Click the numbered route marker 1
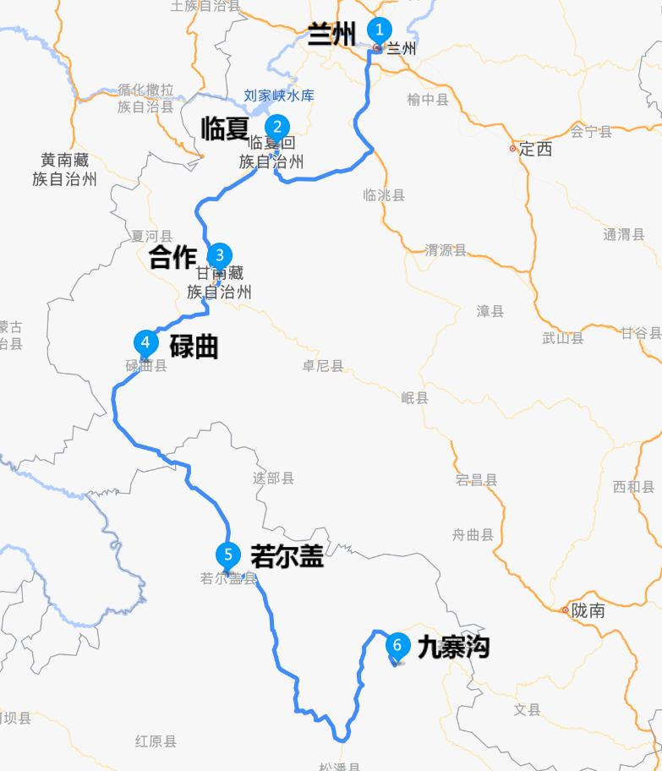point(380,30)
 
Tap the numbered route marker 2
point(276,128)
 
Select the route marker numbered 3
point(220,254)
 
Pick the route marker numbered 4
point(146,342)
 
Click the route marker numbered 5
point(227,555)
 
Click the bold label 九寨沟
point(453,648)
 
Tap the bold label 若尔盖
point(287,555)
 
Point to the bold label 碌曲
point(194,346)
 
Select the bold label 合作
point(172,258)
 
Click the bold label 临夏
point(224,128)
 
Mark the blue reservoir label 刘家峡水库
point(278,96)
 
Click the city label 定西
point(535,149)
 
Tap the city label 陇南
point(588,610)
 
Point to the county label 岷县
point(415,397)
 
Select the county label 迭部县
point(273,478)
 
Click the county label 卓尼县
point(323,366)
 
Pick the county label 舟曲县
point(473,534)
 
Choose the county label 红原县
point(156,741)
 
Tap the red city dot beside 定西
point(512,149)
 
